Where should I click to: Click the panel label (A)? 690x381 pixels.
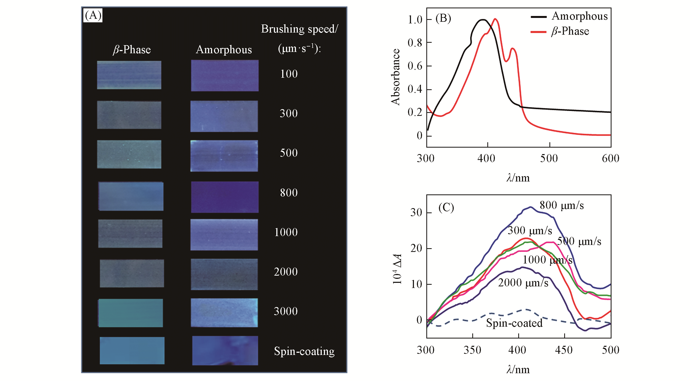[x=93, y=15]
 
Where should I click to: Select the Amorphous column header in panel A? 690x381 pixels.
[x=224, y=50]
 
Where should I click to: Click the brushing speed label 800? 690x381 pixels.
[x=289, y=193]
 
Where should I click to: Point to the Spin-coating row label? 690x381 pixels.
[x=304, y=351]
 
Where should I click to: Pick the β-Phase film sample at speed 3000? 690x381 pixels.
[x=131, y=313]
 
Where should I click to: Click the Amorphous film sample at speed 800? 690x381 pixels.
[x=225, y=197]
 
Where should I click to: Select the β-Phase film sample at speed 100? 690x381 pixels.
[x=129, y=75]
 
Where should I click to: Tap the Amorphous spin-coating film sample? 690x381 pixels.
[x=225, y=350]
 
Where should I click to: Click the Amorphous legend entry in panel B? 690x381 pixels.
[x=580, y=16]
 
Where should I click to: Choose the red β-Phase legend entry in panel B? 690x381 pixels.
[x=570, y=31]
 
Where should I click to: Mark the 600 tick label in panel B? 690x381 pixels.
[x=610, y=158]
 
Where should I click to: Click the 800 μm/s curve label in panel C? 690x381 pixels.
[x=562, y=205]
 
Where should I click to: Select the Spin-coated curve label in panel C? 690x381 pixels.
[x=514, y=323]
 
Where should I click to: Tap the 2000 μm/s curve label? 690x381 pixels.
[x=523, y=283]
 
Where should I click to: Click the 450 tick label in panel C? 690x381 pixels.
[x=564, y=350]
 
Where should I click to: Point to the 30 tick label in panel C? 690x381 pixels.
[x=416, y=213]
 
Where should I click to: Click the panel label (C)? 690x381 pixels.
[x=446, y=208]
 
